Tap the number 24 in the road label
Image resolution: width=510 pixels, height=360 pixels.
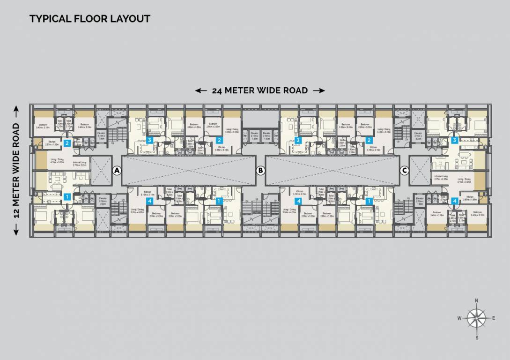pos(217,90)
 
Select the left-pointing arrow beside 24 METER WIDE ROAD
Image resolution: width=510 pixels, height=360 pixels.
pos(201,90)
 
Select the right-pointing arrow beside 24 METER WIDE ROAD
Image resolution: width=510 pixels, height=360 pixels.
pos(318,90)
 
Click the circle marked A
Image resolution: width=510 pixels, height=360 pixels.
pos(117,171)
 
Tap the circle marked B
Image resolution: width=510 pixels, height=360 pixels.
pos(260,171)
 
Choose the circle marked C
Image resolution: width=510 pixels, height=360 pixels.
pos(404,171)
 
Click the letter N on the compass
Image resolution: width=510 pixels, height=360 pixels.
pos(476,301)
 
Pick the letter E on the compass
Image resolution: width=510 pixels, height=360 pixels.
pos(494,318)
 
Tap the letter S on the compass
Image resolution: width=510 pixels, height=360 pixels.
pos(477,337)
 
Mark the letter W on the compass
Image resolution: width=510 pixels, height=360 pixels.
pos(460,318)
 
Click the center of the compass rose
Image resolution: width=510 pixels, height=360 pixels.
pos(477,319)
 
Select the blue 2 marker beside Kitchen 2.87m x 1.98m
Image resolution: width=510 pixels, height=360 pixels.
pos(67,143)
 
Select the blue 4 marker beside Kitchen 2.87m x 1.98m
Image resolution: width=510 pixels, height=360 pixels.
pos(455,201)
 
